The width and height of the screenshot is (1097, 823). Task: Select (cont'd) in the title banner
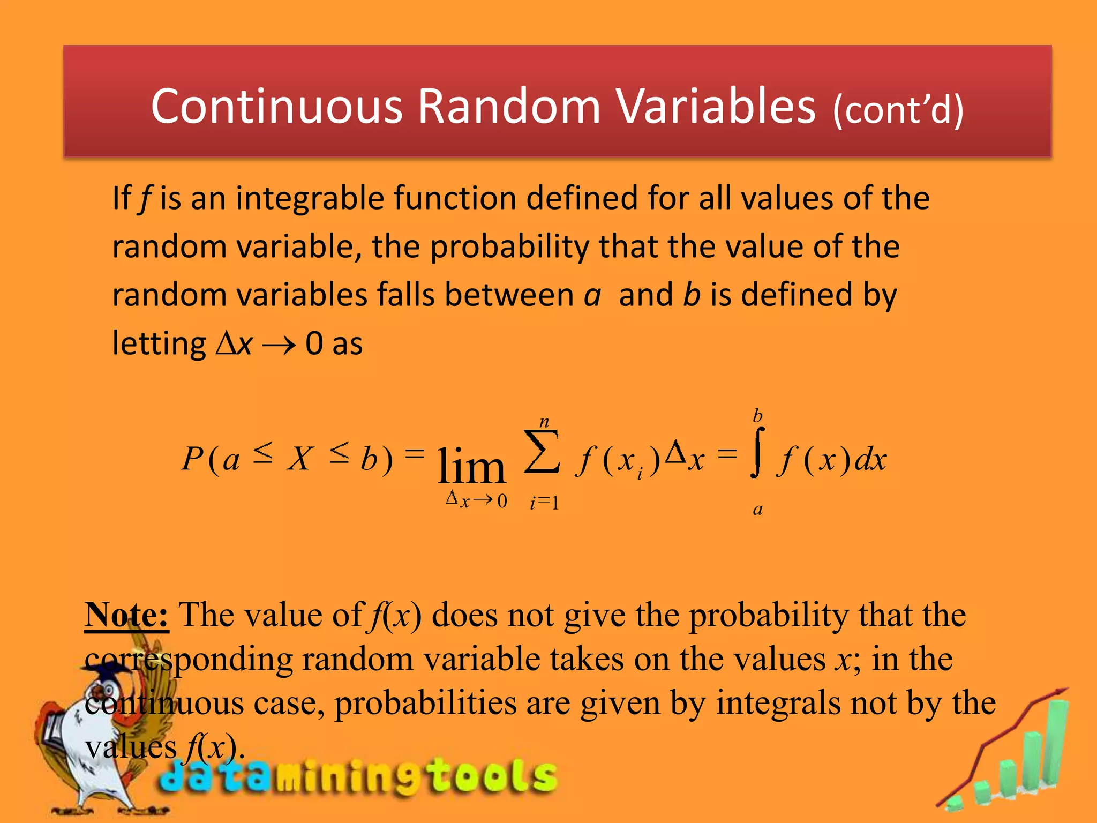[x=898, y=110]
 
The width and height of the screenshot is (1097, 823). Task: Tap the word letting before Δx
[x=159, y=343]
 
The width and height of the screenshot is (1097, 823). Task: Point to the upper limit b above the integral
[x=757, y=416]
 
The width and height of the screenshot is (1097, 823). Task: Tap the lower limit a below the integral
[x=757, y=509]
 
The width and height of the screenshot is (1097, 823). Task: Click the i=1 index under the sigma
[x=544, y=503]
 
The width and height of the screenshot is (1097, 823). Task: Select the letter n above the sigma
[x=544, y=422]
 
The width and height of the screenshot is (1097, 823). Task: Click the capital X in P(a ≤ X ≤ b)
[x=300, y=459]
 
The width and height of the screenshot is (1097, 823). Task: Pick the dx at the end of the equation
[x=870, y=459]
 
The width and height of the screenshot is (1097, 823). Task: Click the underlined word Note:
[x=126, y=615]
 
